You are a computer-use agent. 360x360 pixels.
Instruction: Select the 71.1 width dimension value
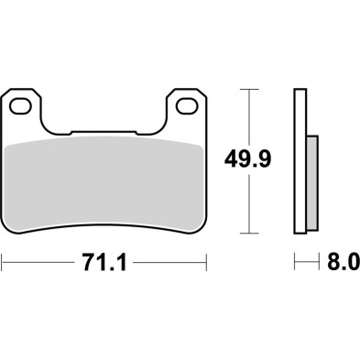(104, 263)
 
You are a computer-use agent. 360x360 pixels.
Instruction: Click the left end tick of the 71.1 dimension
(3, 263)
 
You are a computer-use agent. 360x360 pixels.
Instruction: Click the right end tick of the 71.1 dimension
(205, 263)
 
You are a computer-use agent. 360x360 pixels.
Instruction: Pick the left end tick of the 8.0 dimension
(295, 263)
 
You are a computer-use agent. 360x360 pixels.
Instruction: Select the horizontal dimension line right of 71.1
(169, 263)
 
